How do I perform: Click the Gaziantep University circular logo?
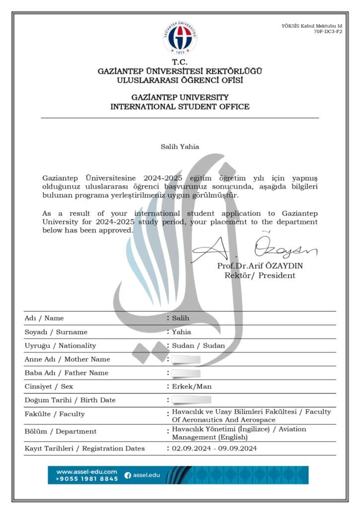click(180, 37)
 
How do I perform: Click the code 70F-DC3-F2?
click(328, 31)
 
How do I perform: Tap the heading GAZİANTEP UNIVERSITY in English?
click(180, 97)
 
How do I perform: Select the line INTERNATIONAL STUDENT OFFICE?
click(180, 107)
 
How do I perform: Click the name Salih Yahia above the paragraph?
click(180, 146)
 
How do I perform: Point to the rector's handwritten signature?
click(253, 248)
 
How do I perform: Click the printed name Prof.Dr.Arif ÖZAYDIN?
click(260, 266)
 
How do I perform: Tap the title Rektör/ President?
click(260, 275)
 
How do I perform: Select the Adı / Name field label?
click(44, 318)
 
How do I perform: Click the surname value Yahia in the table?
click(181, 332)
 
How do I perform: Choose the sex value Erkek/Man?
click(191, 386)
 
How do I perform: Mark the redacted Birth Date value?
click(192, 400)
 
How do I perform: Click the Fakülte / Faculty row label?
click(55, 414)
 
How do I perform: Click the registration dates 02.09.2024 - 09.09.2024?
click(215, 448)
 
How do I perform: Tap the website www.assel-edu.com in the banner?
click(86, 471)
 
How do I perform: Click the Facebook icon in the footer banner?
click(128, 475)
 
